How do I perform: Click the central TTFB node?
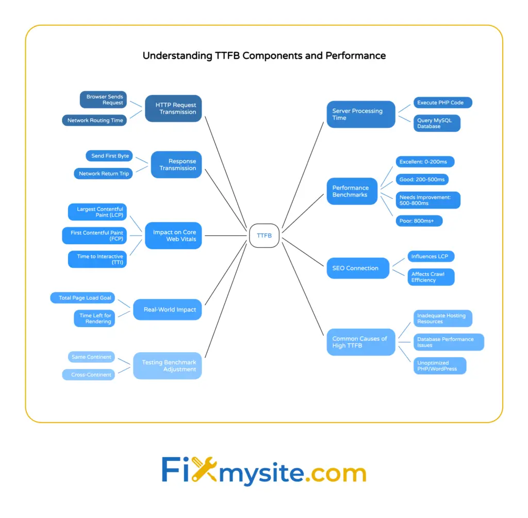tap(264, 236)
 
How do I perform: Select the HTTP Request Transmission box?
tap(173, 108)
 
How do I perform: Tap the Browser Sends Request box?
tap(103, 99)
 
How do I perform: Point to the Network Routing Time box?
tap(95, 120)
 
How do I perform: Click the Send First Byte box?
tap(109, 156)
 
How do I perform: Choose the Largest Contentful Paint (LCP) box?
tap(97, 212)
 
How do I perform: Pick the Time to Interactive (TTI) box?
tap(97, 260)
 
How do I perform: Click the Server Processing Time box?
tap(361, 114)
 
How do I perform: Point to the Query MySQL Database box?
tap(437, 123)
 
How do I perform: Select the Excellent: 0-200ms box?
tap(425, 162)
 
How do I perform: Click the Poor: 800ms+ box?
tap(419, 221)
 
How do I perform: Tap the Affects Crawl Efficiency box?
tap(431, 277)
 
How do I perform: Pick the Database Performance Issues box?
tap(448, 342)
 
